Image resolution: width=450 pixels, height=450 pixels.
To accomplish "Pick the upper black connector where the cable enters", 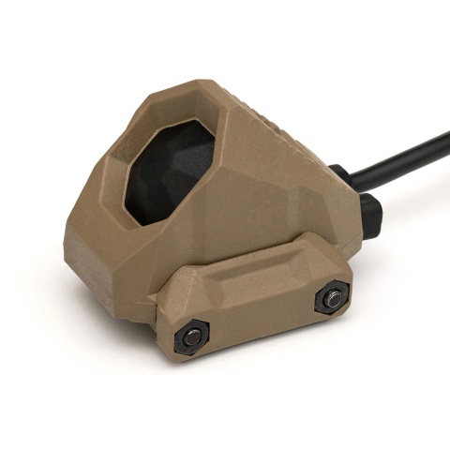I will click(343, 175).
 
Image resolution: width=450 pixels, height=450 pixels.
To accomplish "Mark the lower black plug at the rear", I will click(370, 216).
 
